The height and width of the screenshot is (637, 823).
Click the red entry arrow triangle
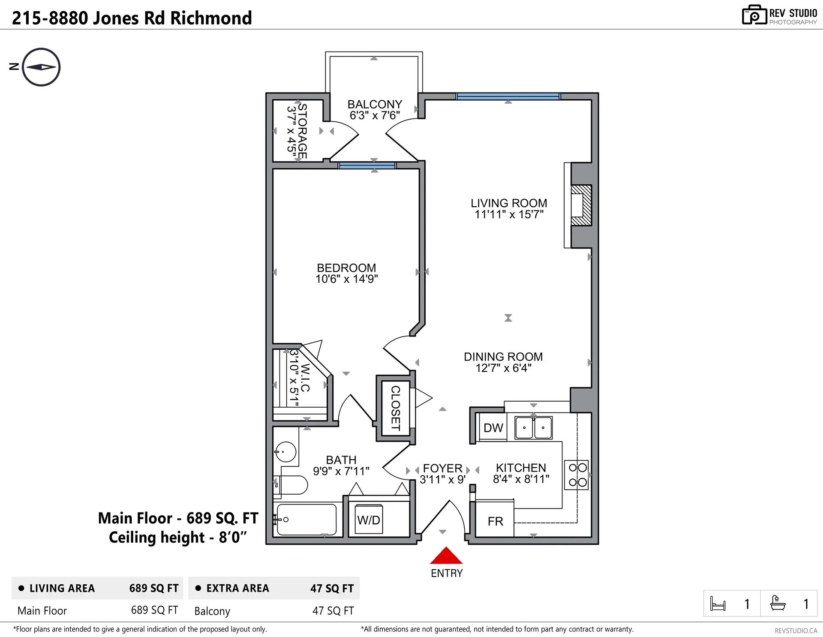pyautogui.click(x=446, y=556)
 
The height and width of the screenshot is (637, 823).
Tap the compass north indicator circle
pyautogui.click(x=41, y=67)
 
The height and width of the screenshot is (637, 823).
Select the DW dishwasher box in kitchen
pyautogui.click(x=493, y=427)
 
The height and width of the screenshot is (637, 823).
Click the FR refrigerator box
pyautogui.click(x=495, y=521)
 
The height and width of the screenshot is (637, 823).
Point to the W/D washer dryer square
pyautogui.click(x=369, y=520)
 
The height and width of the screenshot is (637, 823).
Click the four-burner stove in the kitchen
pyautogui.click(x=577, y=475)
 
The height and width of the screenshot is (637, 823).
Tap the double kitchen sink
pyautogui.click(x=533, y=427)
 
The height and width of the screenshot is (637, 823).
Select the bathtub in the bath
pyautogui.click(x=306, y=520)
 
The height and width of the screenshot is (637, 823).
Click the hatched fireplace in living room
pyautogui.click(x=582, y=205)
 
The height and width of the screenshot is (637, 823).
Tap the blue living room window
pyautogui.click(x=508, y=96)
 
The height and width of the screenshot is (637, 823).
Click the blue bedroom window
pyautogui.click(x=367, y=165)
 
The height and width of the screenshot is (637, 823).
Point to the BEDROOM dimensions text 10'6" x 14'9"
pyautogui.click(x=346, y=279)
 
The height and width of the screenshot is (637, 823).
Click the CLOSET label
pyautogui.click(x=395, y=408)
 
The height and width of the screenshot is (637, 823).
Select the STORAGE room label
pyautogui.click(x=302, y=131)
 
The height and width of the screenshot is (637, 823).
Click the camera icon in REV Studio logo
pyautogui.click(x=754, y=15)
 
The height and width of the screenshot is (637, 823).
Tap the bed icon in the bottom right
pyautogui.click(x=718, y=604)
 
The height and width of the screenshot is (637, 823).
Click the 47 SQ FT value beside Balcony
pyautogui.click(x=333, y=610)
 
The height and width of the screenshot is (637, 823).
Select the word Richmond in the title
pyautogui.click(x=211, y=18)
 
